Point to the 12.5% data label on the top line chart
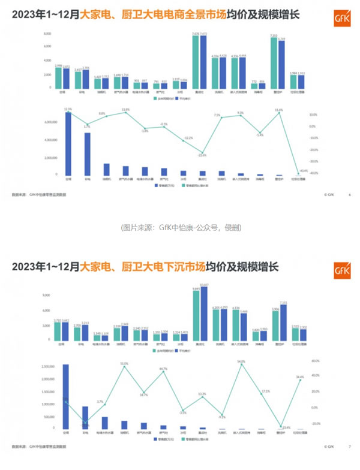(x=68, y=109)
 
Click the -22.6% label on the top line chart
(x=202, y=155)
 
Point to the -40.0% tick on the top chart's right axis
(x=313, y=173)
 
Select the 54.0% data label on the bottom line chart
(x=241, y=361)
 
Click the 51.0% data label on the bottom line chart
(x=124, y=363)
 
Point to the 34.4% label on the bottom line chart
(x=300, y=377)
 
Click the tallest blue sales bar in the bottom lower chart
(x=65, y=397)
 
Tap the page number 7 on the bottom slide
(x=350, y=447)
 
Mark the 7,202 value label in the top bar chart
(x=274, y=37)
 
